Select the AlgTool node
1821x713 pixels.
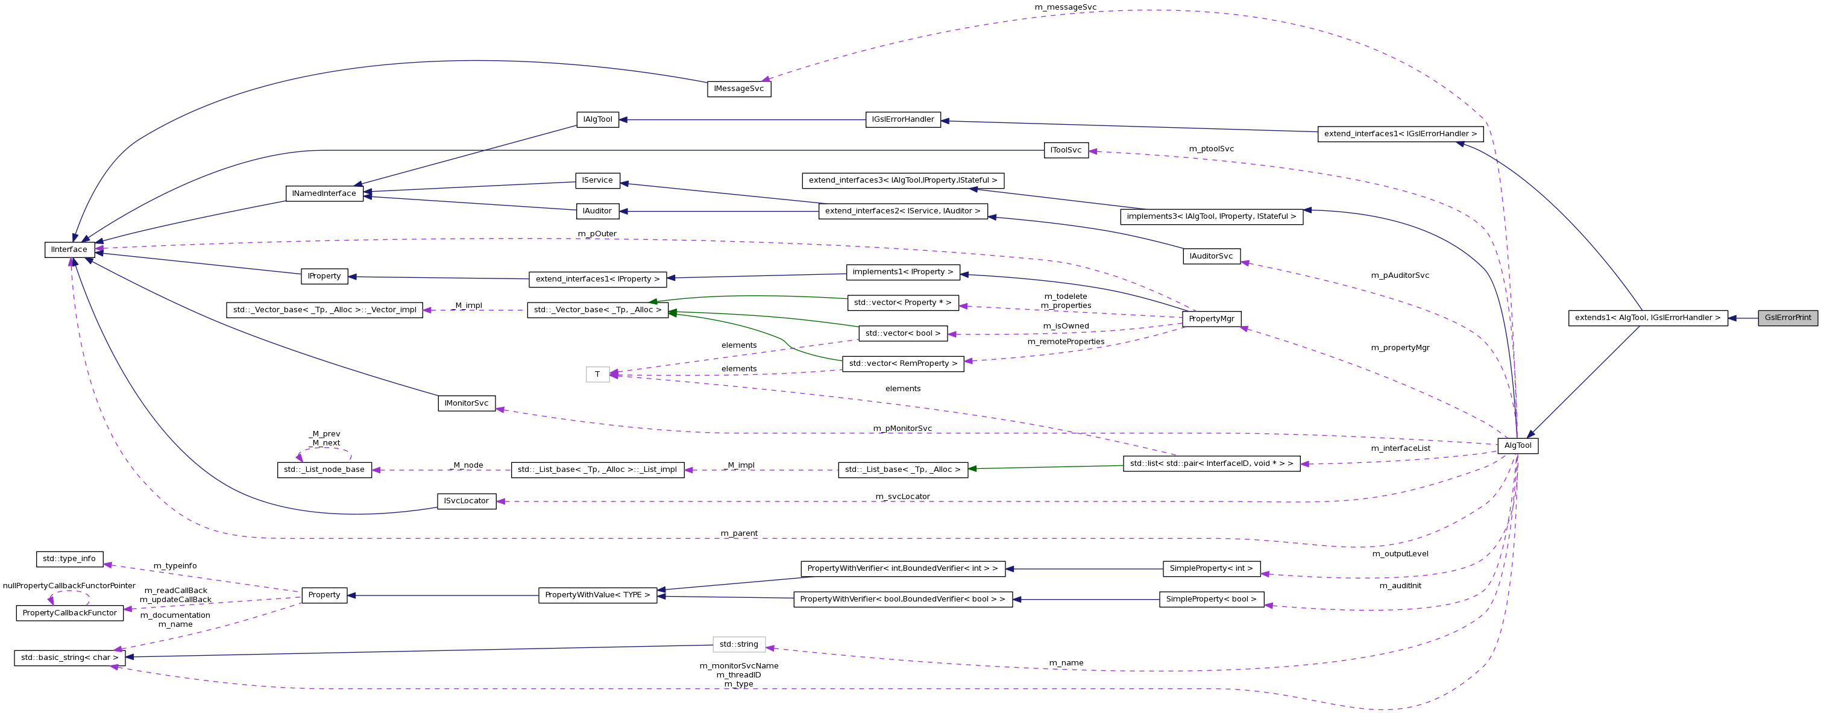[x=1518, y=446]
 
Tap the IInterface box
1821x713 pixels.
[x=69, y=250]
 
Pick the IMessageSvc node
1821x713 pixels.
[x=739, y=89]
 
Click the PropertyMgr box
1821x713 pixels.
[x=1211, y=319]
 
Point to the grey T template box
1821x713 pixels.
[x=597, y=374]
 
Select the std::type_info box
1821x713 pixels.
[x=69, y=559]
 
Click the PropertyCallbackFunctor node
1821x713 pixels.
[x=69, y=614]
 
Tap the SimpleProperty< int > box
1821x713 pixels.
[x=1211, y=569]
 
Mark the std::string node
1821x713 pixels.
[x=739, y=644]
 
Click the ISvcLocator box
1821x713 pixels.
[x=467, y=501]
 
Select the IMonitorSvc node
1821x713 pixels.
[x=467, y=403]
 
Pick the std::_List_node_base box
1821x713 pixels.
[x=324, y=470]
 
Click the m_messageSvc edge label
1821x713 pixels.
[x=1065, y=7]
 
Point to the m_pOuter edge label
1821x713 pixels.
[x=597, y=234]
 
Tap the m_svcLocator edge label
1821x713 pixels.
[x=903, y=497]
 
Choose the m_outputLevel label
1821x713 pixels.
[x=1400, y=554]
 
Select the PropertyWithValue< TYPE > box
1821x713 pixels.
[x=597, y=595]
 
